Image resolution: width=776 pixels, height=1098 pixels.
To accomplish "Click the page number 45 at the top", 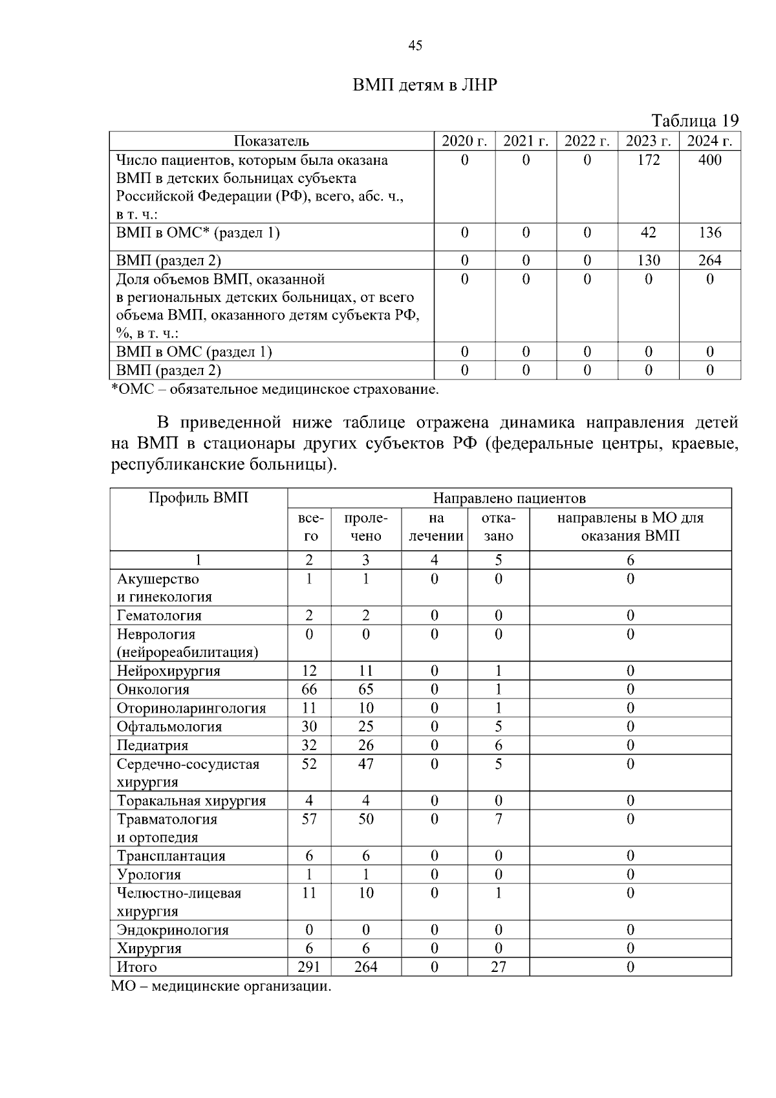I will pyautogui.click(x=416, y=45).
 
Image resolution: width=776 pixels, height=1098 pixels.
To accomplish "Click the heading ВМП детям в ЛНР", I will pyautogui.click(x=425, y=85).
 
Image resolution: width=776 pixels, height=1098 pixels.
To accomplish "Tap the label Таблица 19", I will pyautogui.click(x=695, y=121).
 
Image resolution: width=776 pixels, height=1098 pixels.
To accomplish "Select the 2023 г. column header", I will pyautogui.click(x=648, y=142).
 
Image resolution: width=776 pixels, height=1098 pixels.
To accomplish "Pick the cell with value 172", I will pyautogui.click(x=648, y=160).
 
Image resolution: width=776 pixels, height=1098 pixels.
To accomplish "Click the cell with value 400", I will pyautogui.click(x=709, y=160).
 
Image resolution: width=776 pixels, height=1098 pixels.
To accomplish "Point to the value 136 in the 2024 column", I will pyautogui.click(x=709, y=233).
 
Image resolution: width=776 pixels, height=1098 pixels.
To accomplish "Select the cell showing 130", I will pyautogui.click(x=648, y=261).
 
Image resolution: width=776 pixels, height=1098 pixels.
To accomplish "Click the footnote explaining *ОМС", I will pyautogui.click(x=275, y=389).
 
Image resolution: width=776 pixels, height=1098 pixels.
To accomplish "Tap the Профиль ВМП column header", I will pyautogui.click(x=199, y=498).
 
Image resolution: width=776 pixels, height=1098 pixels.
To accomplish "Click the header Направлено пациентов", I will pyautogui.click(x=509, y=499).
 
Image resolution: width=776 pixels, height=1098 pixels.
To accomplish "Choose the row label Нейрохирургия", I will pyautogui.click(x=168, y=671).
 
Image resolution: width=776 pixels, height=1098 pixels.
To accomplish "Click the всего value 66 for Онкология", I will pyautogui.click(x=309, y=689).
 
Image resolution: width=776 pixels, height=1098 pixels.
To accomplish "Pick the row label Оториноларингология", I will pyautogui.click(x=191, y=708).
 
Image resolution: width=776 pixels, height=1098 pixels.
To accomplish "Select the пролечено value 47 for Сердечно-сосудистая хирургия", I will pyautogui.click(x=365, y=764).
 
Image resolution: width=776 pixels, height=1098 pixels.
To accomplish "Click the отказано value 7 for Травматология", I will pyautogui.click(x=498, y=819).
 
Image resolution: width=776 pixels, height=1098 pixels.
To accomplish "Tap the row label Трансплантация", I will pyautogui.click(x=171, y=856).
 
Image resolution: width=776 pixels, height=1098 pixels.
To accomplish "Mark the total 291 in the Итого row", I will pyautogui.click(x=309, y=967).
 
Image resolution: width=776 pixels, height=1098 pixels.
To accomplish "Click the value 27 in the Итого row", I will pyautogui.click(x=498, y=967).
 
